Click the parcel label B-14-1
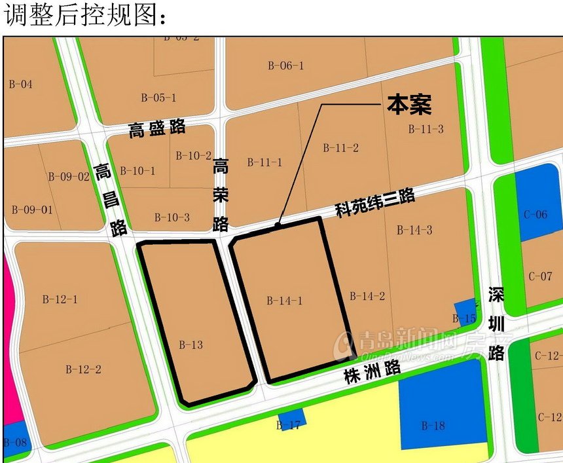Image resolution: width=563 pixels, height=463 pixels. (284, 301)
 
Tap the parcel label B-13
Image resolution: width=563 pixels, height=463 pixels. (191, 344)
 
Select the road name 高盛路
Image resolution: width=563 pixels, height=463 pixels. (157, 128)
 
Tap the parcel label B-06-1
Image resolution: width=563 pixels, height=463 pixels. (285, 65)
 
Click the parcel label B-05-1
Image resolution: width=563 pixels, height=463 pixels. (158, 98)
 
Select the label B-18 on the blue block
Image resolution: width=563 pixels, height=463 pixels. (433, 426)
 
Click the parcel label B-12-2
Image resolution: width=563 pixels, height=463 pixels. (83, 369)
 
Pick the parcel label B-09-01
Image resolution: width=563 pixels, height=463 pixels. (32, 210)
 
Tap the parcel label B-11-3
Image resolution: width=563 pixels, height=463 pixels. (426, 129)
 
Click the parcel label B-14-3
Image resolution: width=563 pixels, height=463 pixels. (414, 230)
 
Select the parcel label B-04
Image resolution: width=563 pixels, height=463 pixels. (20, 84)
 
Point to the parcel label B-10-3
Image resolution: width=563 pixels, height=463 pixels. (172, 217)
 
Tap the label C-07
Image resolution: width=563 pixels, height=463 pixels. (540, 276)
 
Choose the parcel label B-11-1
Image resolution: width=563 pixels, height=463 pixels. (265, 162)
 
